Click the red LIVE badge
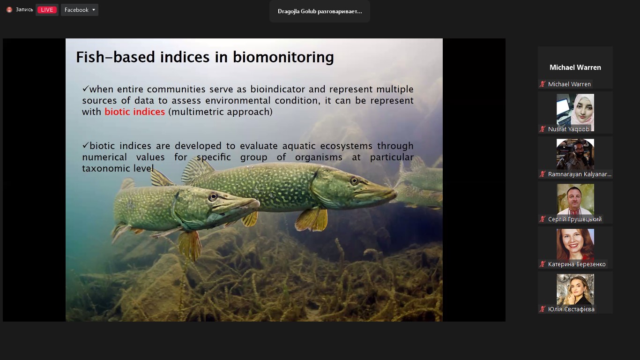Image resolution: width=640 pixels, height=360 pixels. pos(47,10)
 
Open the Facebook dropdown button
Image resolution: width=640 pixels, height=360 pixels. pos(80,10)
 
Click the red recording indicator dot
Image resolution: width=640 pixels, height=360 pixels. pos(9,10)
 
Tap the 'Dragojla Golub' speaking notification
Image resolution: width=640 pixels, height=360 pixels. pos(320,11)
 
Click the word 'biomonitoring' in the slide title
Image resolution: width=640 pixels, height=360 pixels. pos(283,57)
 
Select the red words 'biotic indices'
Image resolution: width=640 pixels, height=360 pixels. pos(134,112)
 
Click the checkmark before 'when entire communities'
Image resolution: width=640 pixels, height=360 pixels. pos(85,88)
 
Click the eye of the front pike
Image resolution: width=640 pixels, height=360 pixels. pos(213,196)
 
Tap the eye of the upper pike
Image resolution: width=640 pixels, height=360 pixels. pos(354,181)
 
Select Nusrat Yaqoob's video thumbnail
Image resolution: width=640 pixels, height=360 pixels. pos(575,112)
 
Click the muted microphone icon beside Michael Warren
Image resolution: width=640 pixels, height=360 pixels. pos(542,84)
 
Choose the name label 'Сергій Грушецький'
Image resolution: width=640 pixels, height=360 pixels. pos(574,219)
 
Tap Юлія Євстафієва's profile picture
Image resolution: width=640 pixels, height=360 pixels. pos(575,290)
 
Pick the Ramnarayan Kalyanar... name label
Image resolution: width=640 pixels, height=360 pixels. pos(580,174)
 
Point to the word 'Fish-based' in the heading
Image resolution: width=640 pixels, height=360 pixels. pos(115,57)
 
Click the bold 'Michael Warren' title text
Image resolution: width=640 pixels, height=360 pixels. pos(575,67)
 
